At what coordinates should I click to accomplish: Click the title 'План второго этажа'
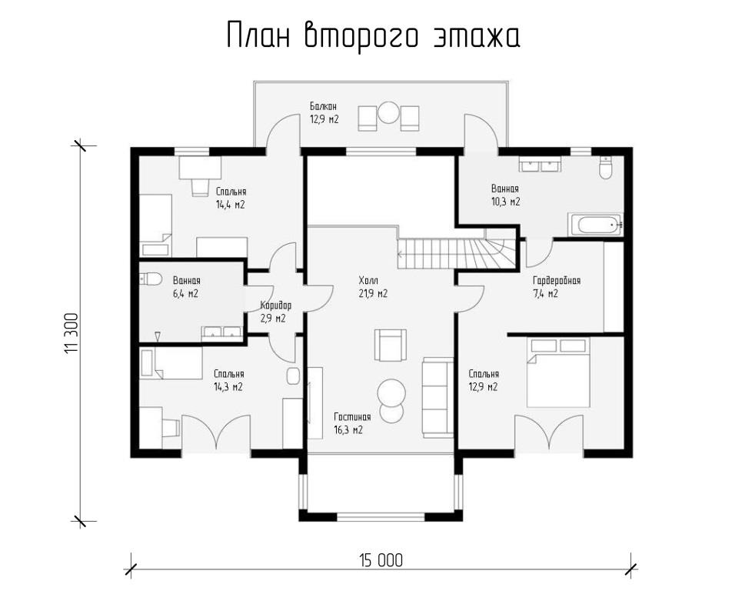click(x=373, y=36)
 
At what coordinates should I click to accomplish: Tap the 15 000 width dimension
click(x=381, y=560)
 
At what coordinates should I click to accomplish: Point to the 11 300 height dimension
click(x=71, y=334)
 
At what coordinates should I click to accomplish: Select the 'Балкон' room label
click(x=323, y=106)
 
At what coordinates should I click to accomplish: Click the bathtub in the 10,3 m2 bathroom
click(x=595, y=224)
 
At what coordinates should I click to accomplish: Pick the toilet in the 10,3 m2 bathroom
click(x=605, y=168)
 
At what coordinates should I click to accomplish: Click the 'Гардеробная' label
click(x=557, y=280)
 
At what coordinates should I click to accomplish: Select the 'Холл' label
click(x=368, y=280)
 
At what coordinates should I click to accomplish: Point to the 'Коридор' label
click(x=276, y=306)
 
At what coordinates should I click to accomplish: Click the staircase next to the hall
click(x=457, y=253)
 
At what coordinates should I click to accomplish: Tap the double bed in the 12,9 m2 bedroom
click(x=558, y=373)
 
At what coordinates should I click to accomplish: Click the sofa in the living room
click(x=438, y=397)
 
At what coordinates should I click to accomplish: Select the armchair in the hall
click(x=391, y=346)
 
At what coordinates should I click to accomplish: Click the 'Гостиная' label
click(x=352, y=417)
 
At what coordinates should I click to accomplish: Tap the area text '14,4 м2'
click(x=230, y=205)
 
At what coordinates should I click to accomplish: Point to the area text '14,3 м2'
click(x=228, y=387)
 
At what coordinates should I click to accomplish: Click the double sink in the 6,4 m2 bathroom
click(x=222, y=333)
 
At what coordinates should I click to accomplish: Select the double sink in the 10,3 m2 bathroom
click(x=540, y=165)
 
